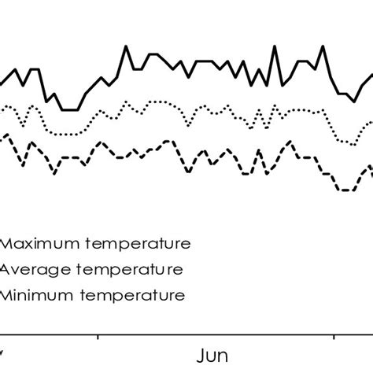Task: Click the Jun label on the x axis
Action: click(212, 355)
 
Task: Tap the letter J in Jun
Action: click(201, 355)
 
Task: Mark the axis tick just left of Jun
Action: click(98, 338)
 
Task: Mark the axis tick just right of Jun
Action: click(334, 338)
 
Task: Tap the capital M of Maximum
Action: click(9, 242)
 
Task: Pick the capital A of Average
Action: click(5, 269)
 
